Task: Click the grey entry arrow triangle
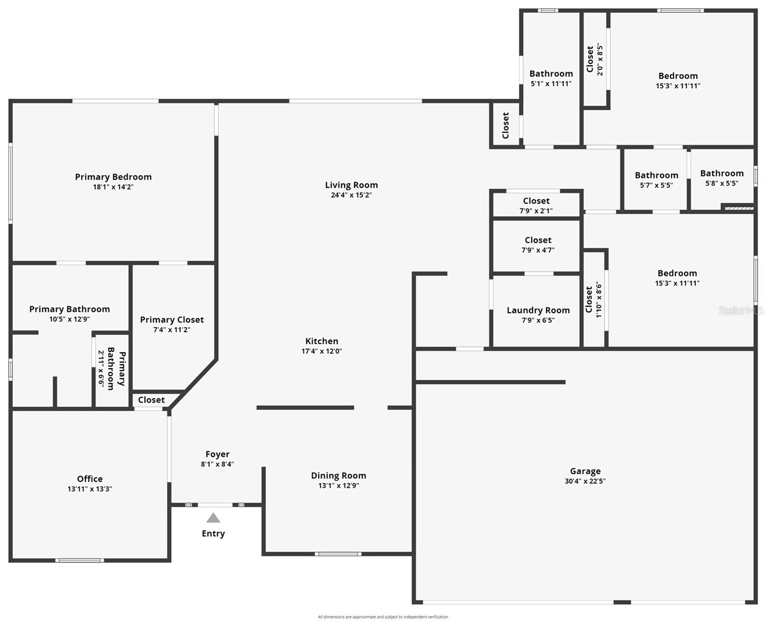[213, 518]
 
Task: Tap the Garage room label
[585, 471]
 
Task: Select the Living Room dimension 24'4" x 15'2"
[351, 195]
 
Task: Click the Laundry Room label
[538, 310]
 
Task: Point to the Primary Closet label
[172, 320]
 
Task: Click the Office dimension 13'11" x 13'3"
[90, 489]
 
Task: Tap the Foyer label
[217, 454]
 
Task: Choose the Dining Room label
[338, 476]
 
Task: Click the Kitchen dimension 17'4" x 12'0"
[321, 351]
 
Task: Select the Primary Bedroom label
[113, 177]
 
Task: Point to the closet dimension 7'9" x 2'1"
[536, 211]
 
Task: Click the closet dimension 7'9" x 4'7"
[538, 250]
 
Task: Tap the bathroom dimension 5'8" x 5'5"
[721, 183]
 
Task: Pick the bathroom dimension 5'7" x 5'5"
[656, 185]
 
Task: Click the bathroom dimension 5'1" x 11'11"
[551, 83]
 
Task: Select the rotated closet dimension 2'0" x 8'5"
[600, 60]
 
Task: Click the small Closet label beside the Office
[151, 400]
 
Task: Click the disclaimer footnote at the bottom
[383, 617]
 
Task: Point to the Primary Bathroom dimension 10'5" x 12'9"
[69, 319]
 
